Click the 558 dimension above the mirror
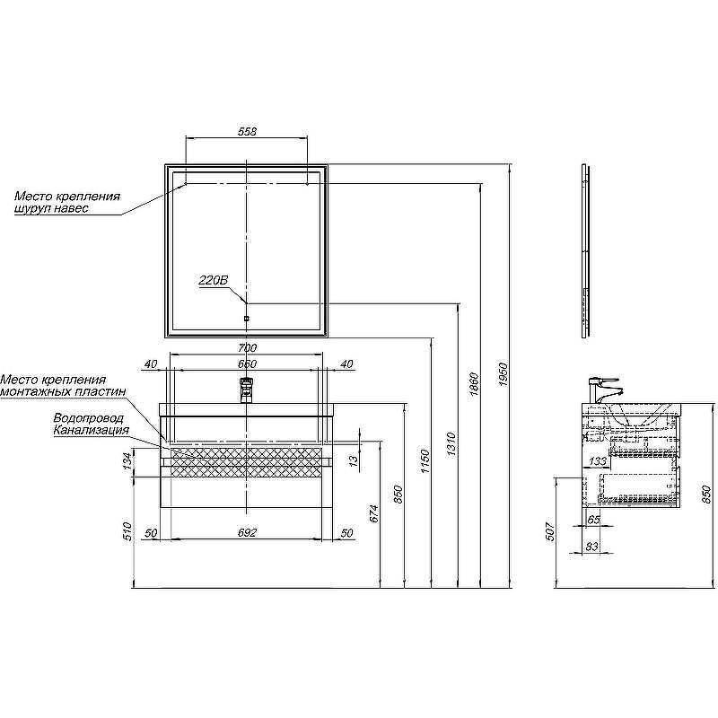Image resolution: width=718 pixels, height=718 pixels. tap(247, 131)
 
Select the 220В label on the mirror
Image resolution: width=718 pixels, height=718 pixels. tap(214, 281)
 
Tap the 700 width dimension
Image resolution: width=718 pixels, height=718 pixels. tap(248, 348)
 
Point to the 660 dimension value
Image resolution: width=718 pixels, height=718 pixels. tap(247, 363)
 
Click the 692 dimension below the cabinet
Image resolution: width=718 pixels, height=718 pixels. tap(248, 533)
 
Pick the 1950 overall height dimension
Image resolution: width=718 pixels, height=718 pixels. tap(504, 374)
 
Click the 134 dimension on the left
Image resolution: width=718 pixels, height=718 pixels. tap(127, 461)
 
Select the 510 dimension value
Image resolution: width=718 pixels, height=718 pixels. tap(127, 531)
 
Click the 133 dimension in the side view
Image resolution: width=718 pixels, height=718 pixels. tap(597, 461)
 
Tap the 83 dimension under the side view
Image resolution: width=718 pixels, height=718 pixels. tap(591, 547)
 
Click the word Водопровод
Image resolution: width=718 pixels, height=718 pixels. tap(89, 418)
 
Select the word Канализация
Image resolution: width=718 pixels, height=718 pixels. tap(92, 430)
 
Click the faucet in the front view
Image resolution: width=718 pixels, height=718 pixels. tap(247, 390)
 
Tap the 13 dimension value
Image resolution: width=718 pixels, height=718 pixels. tap(354, 461)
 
